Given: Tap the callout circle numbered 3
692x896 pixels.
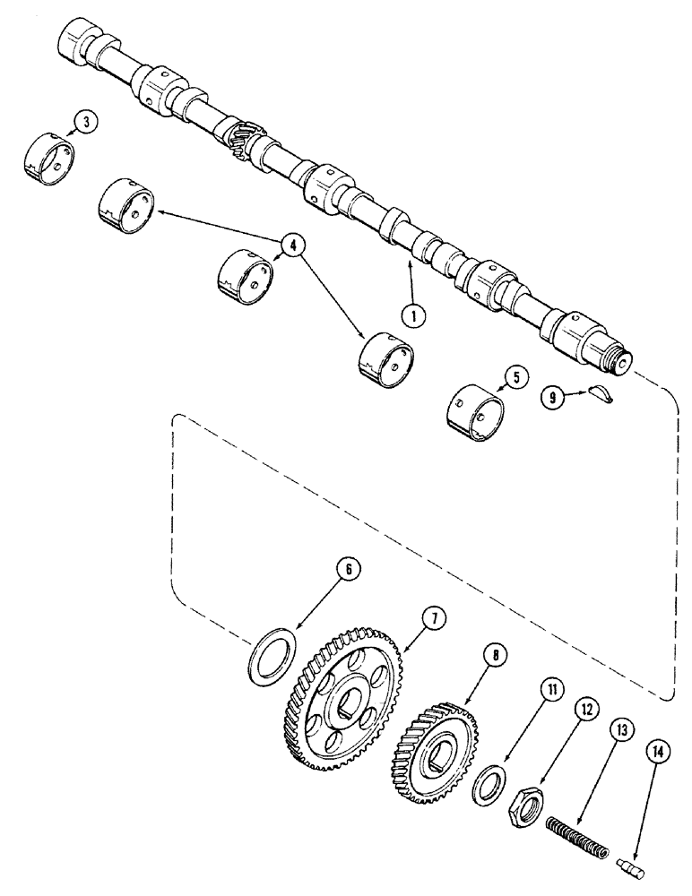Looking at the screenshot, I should coord(83,125).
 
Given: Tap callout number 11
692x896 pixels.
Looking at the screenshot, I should coord(552,690).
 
